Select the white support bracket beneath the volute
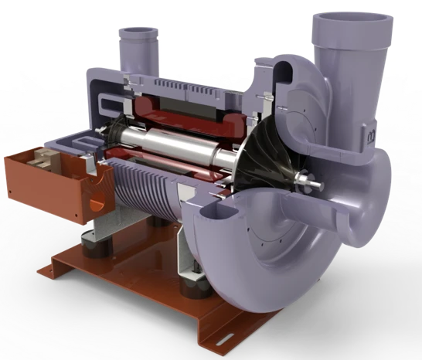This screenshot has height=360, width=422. tap(185, 255)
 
